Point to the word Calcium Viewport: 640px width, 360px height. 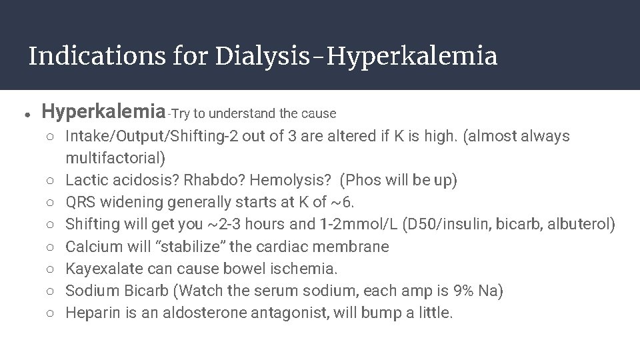[x=89, y=247]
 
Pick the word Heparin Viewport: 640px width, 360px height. [x=89, y=313]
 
